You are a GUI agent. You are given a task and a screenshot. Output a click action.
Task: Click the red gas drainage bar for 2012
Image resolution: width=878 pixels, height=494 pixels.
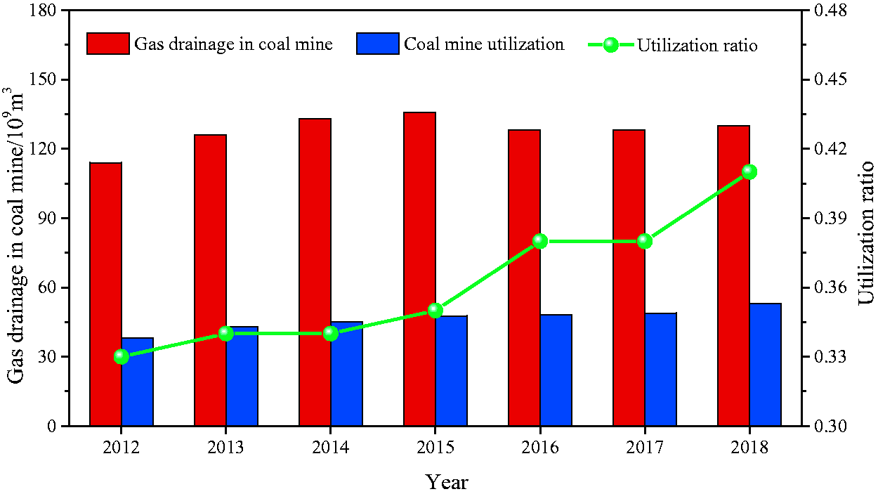106,294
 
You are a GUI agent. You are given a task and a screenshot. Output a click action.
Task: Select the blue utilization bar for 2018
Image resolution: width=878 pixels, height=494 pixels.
766,365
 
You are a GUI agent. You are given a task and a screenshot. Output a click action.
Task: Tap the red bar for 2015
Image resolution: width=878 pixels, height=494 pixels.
420,269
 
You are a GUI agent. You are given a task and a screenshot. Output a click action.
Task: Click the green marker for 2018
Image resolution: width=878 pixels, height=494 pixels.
749,171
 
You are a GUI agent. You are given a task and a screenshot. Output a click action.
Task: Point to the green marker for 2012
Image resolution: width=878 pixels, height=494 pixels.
122,357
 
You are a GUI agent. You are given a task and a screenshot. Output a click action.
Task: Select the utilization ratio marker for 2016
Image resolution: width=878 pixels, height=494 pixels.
540,241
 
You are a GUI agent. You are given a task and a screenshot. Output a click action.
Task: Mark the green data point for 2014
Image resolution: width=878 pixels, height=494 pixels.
331,334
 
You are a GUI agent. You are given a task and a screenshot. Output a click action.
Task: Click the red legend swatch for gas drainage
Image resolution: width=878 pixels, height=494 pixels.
108,44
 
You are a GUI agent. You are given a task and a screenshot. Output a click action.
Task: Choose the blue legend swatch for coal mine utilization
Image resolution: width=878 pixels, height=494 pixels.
378,44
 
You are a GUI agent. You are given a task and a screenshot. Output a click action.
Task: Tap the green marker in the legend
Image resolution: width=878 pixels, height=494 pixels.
610,45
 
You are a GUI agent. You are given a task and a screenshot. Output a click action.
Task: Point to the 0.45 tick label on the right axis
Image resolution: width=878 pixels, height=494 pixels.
830,79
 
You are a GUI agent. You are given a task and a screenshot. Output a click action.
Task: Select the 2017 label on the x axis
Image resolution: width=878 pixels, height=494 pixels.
645,448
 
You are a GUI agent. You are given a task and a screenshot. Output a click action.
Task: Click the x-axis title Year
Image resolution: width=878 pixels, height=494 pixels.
447,481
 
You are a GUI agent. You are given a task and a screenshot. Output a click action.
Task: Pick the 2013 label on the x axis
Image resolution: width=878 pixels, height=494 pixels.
225,448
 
